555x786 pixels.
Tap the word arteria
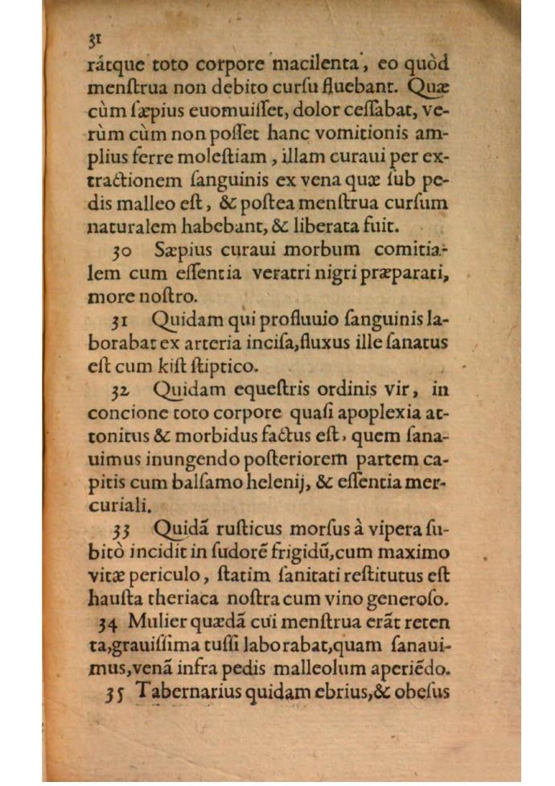188,343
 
